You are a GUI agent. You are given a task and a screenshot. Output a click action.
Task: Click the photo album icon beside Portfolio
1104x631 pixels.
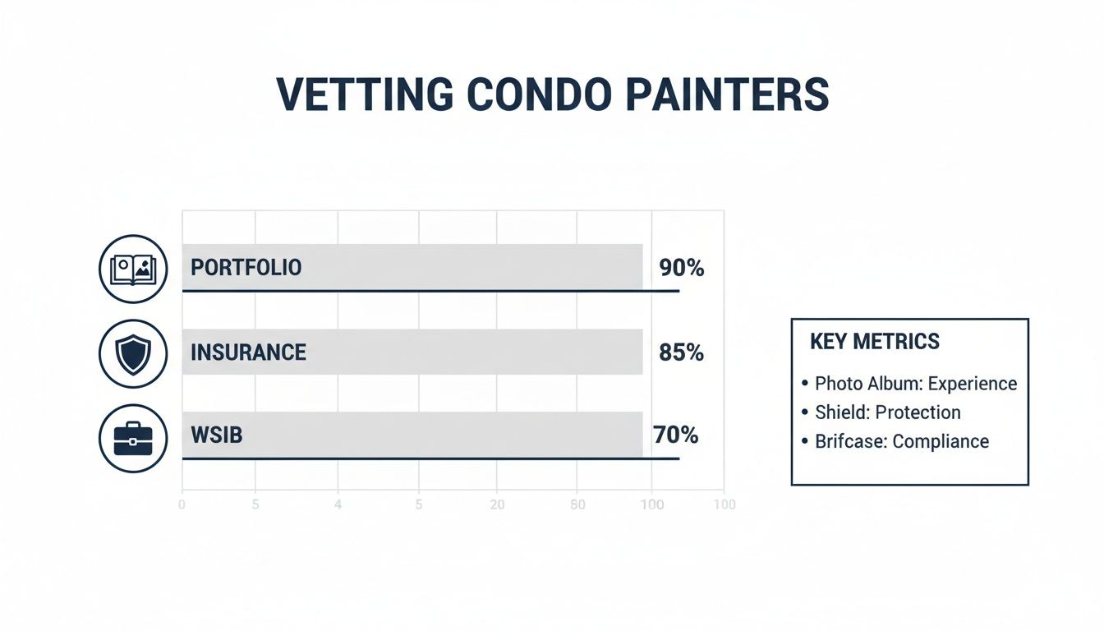click(x=132, y=268)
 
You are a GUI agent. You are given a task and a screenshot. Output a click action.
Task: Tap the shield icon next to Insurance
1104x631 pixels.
click(x=132, y=354)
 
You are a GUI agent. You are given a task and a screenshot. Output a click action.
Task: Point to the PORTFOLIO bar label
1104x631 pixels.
click(x=246, y=267)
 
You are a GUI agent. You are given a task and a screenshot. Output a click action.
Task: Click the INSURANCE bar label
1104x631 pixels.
click(x=248, y=352)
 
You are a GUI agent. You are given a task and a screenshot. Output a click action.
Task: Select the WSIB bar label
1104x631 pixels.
click(x=216, y=435)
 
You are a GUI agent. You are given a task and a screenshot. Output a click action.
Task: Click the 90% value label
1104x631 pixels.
click(x=681, y=268)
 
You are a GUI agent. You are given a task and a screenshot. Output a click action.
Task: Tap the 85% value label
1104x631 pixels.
click(x=681, y=352)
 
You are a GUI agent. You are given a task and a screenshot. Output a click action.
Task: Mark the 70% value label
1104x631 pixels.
click(x=675, y=435)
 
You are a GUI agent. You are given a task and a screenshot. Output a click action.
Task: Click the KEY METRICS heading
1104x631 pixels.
click(x=874, y=342)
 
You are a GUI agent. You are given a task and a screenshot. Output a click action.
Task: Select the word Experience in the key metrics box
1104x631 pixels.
click(x=973, y=384)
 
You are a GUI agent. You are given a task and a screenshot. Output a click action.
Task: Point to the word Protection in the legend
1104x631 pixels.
click(x=918, y=412)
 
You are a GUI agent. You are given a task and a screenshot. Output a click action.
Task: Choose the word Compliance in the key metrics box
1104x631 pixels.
click(x=941, y=441)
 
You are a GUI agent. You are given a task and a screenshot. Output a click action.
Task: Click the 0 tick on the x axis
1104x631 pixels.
click(x=182, y=504)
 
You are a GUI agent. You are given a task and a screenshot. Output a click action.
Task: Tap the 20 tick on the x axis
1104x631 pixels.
click(x=497, y=504)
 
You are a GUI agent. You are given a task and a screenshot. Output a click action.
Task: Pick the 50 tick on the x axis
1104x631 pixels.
click(x=577, y=504)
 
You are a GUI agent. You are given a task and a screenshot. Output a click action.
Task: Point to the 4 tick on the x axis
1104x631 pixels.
click(x=338, y=504)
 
